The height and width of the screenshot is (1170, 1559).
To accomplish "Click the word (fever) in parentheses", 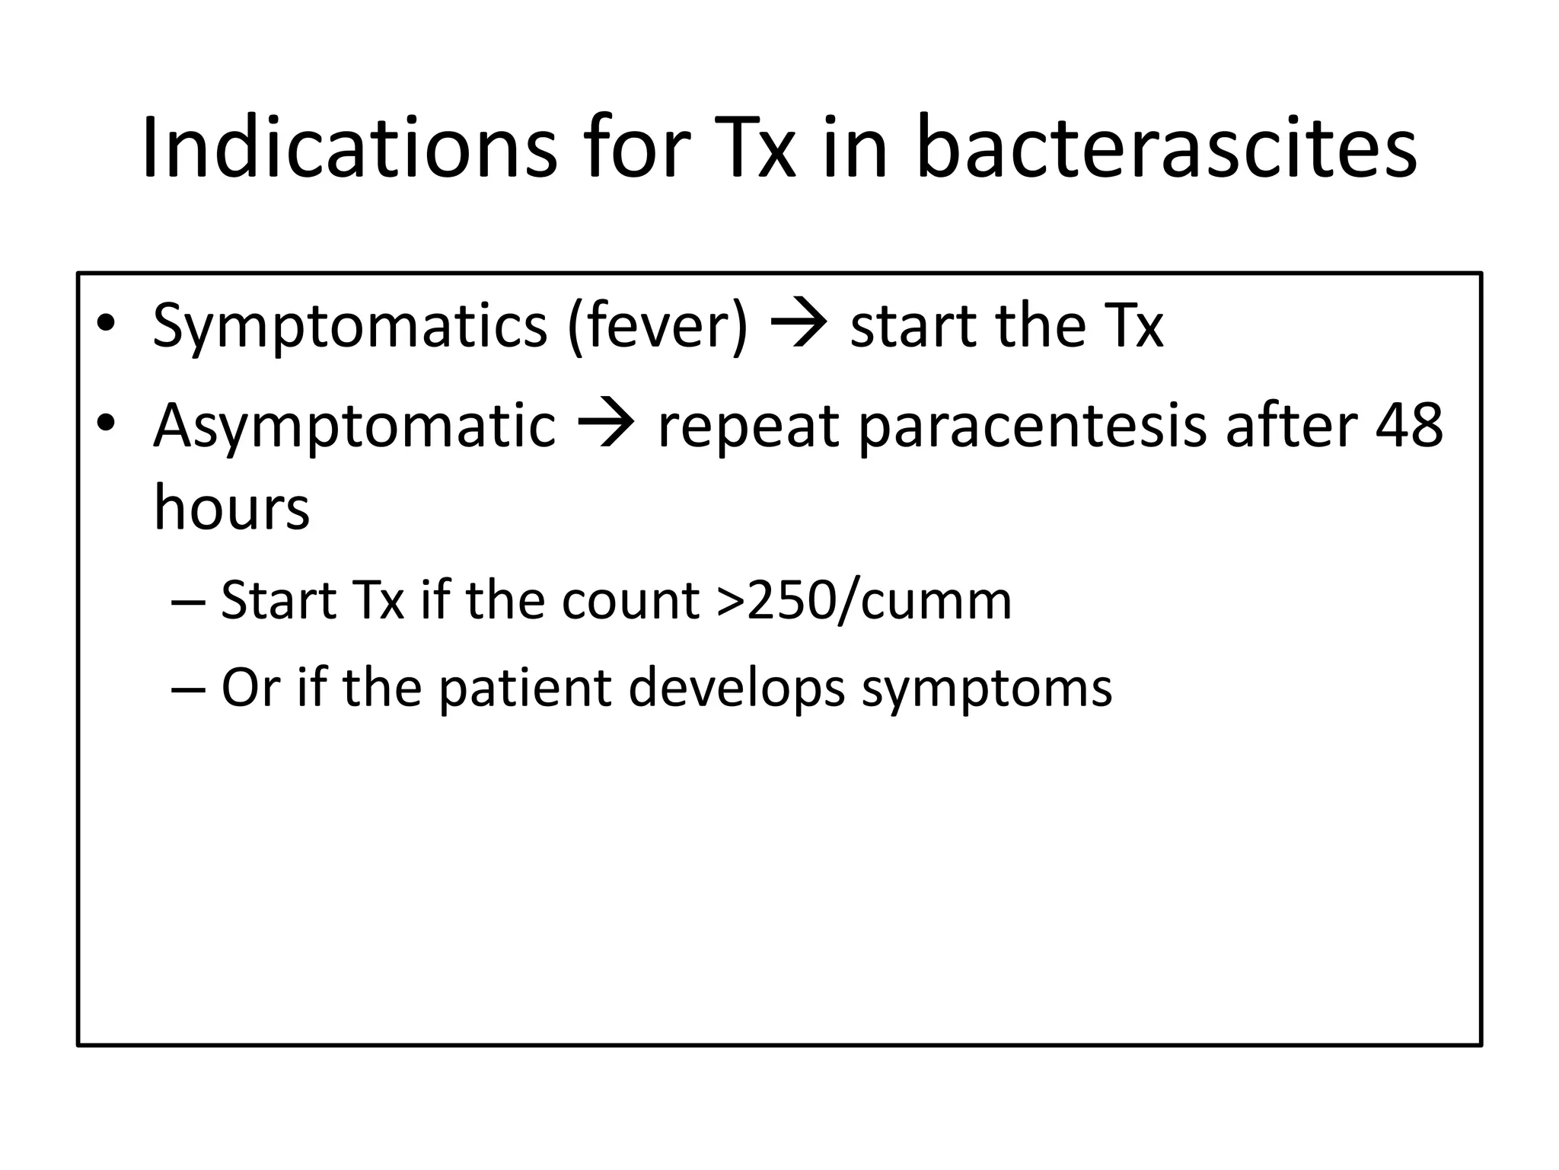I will tap(658, 326).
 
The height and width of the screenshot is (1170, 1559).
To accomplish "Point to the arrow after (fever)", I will tap(799, 324).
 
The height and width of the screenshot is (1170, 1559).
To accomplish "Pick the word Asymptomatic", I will tap(355, 427).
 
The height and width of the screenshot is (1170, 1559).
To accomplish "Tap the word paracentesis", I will tap(1032, 427).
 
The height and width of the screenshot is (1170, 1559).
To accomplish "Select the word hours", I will tap(231, 509).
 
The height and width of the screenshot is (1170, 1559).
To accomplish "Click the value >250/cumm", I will tap(864, 602).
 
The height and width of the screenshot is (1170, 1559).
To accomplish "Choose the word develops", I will tap(737, 689).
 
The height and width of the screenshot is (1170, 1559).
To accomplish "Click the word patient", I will tap(526, 689).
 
